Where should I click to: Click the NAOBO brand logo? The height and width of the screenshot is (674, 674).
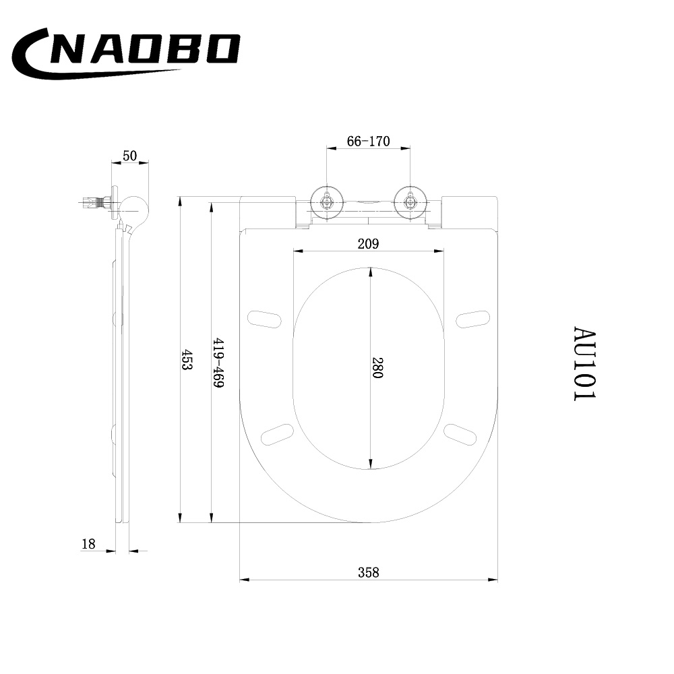point(125,53)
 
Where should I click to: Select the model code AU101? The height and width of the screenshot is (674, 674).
point(584,364)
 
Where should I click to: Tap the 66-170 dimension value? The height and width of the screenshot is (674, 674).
point(369,141)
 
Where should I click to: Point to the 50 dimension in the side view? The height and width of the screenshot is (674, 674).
point(129,156)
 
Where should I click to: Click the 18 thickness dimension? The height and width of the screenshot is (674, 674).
point(88,544)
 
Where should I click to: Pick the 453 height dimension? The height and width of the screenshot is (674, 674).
point(187,359)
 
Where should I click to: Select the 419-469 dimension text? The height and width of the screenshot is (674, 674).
point(219,363)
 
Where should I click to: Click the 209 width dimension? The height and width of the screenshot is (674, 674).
point(369,244)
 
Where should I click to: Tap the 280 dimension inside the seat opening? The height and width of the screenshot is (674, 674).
point(377,367)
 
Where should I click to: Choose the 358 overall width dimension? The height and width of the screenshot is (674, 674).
point(369,572)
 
